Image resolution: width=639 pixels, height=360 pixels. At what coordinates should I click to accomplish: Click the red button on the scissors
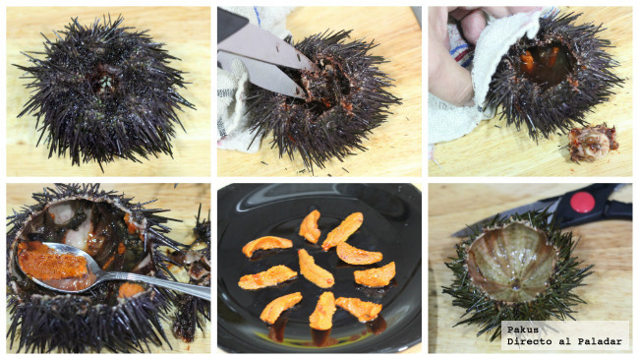[x=582, y=203]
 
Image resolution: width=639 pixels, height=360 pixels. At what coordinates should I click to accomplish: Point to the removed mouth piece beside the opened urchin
[x=592, y=143]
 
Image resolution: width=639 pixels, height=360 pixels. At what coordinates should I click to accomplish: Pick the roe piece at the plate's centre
[x=316, y=269]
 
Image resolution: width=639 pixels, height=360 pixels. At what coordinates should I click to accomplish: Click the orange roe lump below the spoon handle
[x=131, y=290]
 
